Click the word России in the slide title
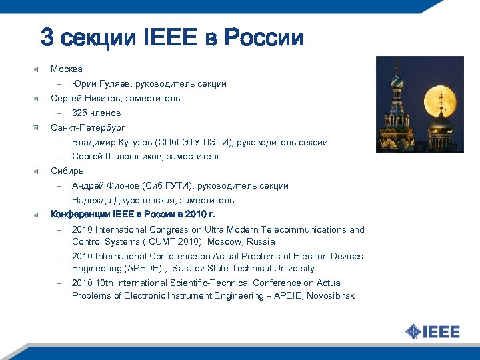pyautogui.click(x=263, y=37)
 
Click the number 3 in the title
pyautogui.click(x=47, y=37)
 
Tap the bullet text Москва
pyautogui.click(x=67, y=69)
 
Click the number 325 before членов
pyautogui.click(x=80, y=113)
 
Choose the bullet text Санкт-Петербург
pyautogui.click(x=88, y=127)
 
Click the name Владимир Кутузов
pyautogui.click(x=111, y=142)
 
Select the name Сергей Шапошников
pyautogui.click(x=114, y=157)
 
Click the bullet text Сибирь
pyautogui.click(x=67, y=171)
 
